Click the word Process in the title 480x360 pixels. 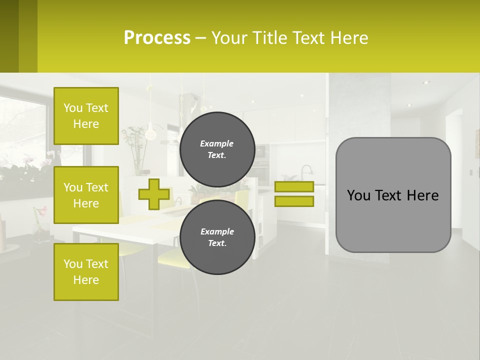[x=157, y=38]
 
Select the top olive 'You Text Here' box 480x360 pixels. [x=86, y=116]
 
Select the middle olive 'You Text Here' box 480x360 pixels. [x=86, y=195]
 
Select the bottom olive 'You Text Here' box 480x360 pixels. [x=86, y=272]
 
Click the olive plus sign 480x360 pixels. [x=153, y=194]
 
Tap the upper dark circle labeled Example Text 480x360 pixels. [x=217, y=149]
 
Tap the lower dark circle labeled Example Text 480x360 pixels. [x=217, y=237]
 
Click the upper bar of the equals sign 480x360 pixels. [x=294, y=186]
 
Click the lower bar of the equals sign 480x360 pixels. [x=294, y=201]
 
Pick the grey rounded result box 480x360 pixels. [x=393, y=220]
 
